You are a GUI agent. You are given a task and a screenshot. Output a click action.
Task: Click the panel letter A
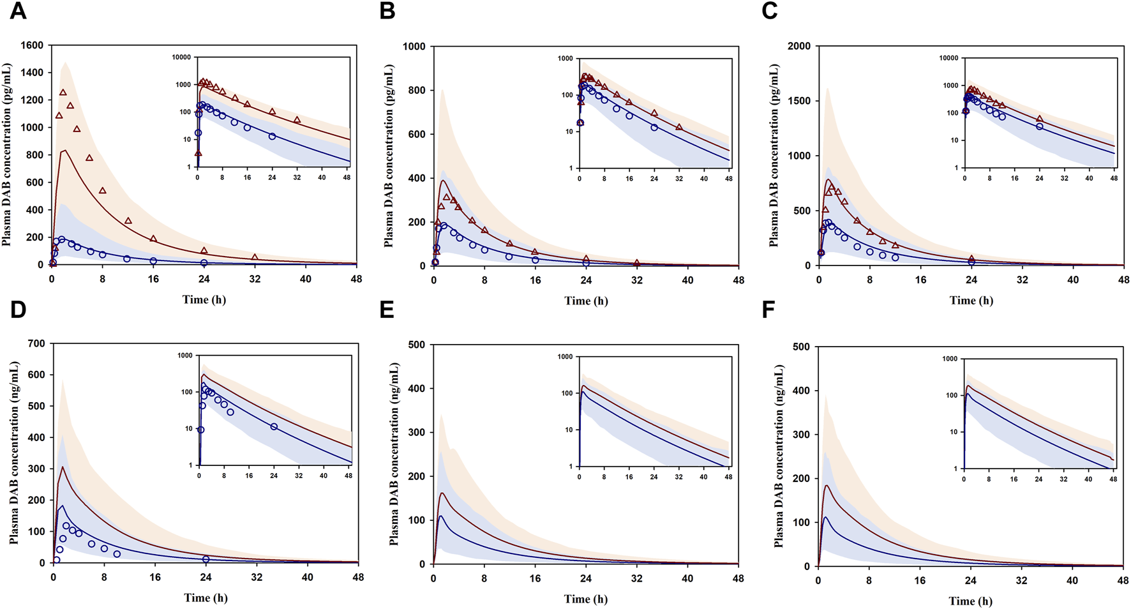coord(18,11)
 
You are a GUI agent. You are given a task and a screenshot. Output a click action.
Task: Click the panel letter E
coord(387,310)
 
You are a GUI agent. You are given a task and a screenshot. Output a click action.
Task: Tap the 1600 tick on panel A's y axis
coord(32,45)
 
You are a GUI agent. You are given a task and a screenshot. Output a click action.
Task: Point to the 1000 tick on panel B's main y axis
coord(416,47)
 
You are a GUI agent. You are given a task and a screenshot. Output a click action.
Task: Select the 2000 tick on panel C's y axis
coord(798,47)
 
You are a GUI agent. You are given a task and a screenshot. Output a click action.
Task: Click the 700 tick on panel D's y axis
coord(36,343)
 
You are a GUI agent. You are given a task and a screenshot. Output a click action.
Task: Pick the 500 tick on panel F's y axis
coord(801,347)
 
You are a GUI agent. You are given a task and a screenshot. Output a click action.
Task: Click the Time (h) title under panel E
coord(585,599)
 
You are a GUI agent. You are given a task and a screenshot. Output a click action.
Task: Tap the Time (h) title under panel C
coord(971,300)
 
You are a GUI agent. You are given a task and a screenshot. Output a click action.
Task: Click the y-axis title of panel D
coord(14,453)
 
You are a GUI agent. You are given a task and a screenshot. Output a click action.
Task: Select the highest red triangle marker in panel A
coord(63,93)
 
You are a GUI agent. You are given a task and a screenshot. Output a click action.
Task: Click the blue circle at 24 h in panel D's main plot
coord(206,559)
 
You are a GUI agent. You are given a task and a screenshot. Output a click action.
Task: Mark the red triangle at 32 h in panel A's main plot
coord(255,257)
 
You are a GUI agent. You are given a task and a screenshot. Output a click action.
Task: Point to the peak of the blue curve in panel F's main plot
coord(826,517)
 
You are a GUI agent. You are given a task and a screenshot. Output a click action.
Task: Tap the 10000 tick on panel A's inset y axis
coord(181,57)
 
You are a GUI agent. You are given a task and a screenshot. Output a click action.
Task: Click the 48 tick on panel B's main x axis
coord(738,280)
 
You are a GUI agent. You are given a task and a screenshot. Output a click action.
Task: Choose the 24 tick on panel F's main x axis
coord(970,581)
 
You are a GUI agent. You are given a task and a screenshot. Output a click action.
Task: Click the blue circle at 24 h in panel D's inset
coord(274,426)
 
